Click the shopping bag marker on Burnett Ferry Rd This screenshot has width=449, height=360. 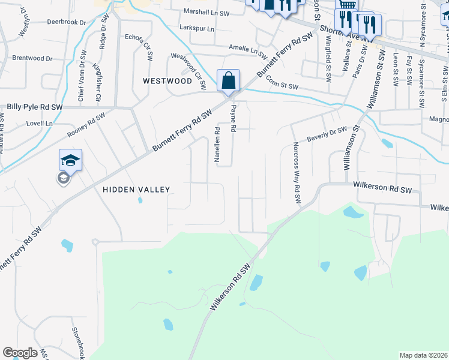click(x=228, y=80)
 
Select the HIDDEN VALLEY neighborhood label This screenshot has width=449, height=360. click(x=136, y=190)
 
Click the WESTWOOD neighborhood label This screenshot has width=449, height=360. click(x=167, y=80)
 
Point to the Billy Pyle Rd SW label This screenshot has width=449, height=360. click(x=35, y=107)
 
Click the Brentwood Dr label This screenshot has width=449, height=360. click(x=32, y=59)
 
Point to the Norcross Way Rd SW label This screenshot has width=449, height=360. click(x=297, y=172)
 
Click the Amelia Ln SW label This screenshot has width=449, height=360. click(x=247, y=50)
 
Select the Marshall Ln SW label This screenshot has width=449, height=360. click(x=206, y=11)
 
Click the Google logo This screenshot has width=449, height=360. click(x=20, y=353)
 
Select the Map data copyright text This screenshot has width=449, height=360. click(x=424, y=355)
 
